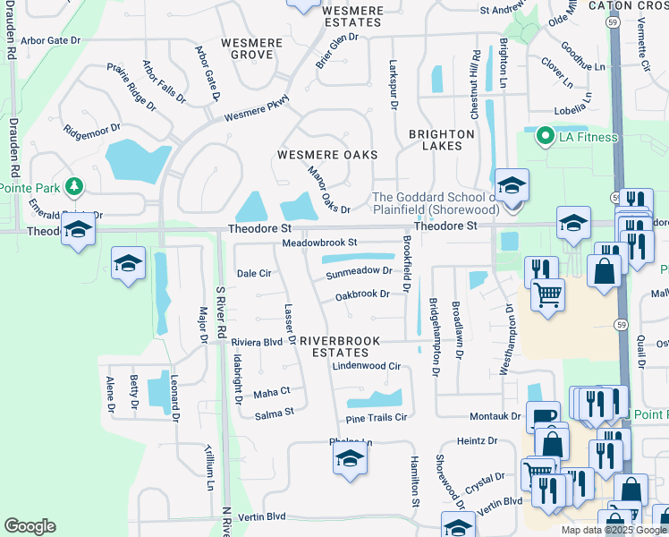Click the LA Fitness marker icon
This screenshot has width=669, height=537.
[x=544, y=137]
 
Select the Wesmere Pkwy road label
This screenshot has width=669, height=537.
[x=257, y=108]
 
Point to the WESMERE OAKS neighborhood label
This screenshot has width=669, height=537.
[x=327, y=155]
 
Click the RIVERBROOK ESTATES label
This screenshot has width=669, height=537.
[x=340, y=346]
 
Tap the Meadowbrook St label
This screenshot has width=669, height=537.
[x=319, y=243]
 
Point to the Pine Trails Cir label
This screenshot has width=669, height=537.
[x=376, y=417]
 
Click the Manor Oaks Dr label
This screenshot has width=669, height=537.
[x=328, y=191]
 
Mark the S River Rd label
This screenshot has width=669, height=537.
[x=219, y=313]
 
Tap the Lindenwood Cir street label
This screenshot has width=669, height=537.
[x=366, y=366]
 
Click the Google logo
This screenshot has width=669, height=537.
[x=30, y=526]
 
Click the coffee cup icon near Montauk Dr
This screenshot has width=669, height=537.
[x=543, y=418]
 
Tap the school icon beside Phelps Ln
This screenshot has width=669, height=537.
[x=350, y=460]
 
